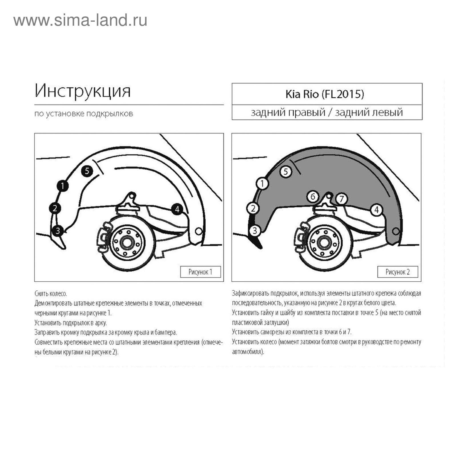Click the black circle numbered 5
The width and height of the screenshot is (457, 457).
pyautogui.click(x=87, y=171)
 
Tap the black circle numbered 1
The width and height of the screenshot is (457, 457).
pyautogui.click(x=63, y=186)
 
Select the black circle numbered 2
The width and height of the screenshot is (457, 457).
pyautogui.click(x=55, y=208)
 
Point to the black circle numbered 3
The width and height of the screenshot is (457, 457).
pyautogui.click(x=58, y=230)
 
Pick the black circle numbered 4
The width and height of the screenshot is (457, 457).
pyautogui.click(x=177, y=209)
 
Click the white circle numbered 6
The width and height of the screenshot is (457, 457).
pyautogui.click(x=313, y=197)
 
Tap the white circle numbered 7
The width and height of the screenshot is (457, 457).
pyautogui.click(x=341, y=199)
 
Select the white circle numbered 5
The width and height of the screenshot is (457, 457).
pyautogui.click(x=286, y=171)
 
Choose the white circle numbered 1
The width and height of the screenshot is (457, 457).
pyautogui.click(x=262, y=183)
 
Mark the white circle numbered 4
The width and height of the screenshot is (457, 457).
pyautogui.click(x=376, y=210)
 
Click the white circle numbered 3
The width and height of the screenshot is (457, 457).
pyautogui.click(x=255, y=230)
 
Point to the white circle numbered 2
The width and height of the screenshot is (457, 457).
pyautogui.click(x=252, y=208)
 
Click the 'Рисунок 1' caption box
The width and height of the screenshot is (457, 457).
pyautogui.click(x=201, y=272)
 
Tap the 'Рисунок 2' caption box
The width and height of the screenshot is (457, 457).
pyautogui.click(x=398, y=272)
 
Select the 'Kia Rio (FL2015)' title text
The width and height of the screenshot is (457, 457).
pyautogui.click(x=325, y=94)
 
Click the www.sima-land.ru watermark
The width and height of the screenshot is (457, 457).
pyautogui.click(x=80, y=21)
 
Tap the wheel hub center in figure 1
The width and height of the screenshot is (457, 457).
pyautogui.click(x=127, y=243)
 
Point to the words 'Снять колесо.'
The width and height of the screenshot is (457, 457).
pyautogui.click(x=51, y=293)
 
